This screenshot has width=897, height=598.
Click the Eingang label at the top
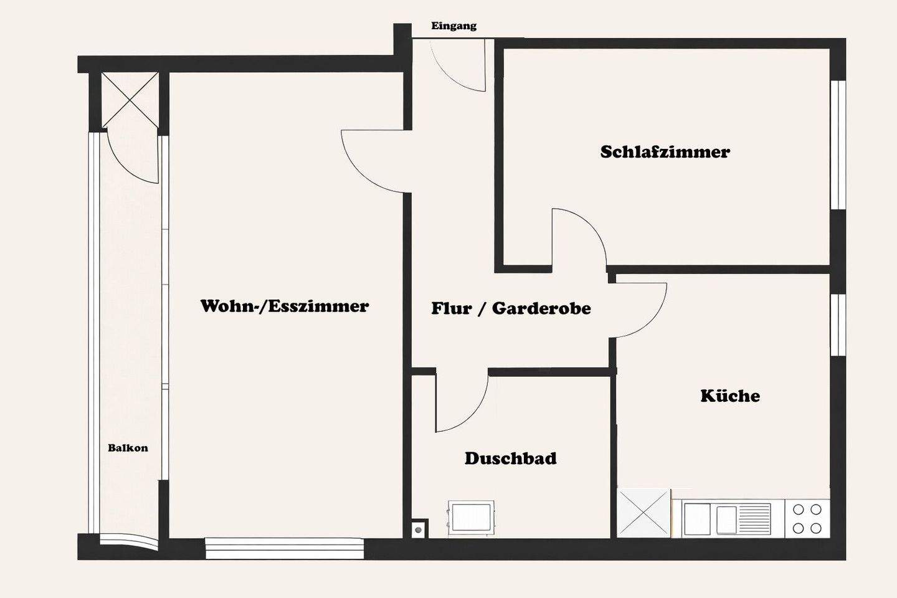[x=453, y=26]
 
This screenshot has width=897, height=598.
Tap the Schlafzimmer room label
[x=665, y=152]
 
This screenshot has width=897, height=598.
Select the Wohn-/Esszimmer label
[x=284, y=306]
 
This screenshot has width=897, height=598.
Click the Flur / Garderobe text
[x=511, y=308]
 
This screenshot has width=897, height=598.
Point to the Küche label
[x=729, y=396]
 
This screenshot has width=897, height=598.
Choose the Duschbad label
[x=510, y=459]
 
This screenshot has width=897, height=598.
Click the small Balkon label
[x=128, y=448]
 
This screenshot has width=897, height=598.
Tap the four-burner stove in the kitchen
[x=807, y=519]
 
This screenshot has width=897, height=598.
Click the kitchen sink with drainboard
[x=727, y=519]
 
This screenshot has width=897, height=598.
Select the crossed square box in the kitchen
[x=644, y=513]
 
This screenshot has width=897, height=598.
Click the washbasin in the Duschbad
[x=471, y=518]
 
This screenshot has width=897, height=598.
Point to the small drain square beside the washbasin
[x=419, y=529]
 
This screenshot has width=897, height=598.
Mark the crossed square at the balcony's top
[x=130, y=100]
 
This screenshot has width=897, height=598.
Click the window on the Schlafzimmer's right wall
[x=838, y=145]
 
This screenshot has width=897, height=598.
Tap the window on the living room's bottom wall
[x=284, y=548]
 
